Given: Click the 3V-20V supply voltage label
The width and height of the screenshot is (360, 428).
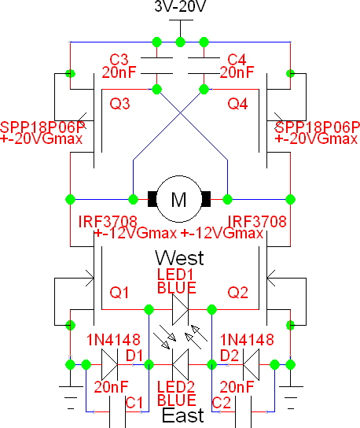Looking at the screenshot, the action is point(180,6).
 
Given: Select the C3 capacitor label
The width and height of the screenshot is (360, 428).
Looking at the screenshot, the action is point(119,60).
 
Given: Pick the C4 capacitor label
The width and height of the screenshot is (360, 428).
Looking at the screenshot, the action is point(237,60).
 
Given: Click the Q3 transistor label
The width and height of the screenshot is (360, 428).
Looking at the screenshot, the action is point(119,104).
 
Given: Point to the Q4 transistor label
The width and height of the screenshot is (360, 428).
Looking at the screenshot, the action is point(237,104).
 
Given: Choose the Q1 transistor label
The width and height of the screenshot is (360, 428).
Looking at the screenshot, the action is point(119,293).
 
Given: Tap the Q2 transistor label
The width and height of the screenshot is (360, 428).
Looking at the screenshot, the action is point(238,293).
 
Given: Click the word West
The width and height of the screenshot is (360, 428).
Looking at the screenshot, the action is point(179,258).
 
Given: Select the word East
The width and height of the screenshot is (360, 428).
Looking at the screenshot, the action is point(182,415).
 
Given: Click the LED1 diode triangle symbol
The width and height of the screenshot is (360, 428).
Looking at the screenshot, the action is point(180,309).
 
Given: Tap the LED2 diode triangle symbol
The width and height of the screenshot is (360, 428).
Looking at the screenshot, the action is point(180,364).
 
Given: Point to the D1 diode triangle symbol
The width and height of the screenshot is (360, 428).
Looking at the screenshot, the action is point(109,364).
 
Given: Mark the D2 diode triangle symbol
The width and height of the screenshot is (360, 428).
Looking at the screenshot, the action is point(251,364).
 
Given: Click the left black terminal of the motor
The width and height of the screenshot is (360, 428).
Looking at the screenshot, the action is point(152,199).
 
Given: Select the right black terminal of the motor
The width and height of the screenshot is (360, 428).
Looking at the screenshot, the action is point(206,199).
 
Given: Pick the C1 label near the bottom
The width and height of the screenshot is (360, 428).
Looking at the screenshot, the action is point(134,403).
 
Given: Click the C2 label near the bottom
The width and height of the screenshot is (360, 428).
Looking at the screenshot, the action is point(222,403).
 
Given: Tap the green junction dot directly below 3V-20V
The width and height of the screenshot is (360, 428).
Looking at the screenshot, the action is point(180,42).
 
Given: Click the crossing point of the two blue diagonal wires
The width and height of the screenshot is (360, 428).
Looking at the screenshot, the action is point(180,113).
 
